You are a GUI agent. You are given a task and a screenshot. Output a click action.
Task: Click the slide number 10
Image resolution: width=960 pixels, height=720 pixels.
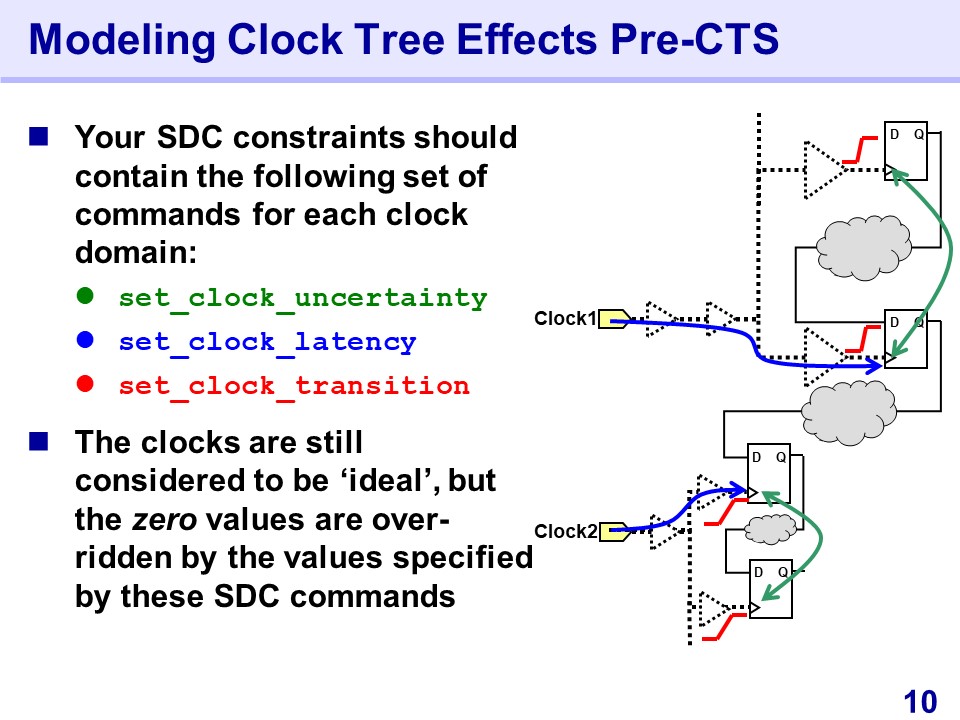click(920, 702)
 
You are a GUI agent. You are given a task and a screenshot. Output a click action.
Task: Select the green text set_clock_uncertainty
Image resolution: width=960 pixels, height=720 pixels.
click(303, 299)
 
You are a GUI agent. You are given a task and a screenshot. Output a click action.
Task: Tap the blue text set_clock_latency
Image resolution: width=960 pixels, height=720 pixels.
click(268, 343)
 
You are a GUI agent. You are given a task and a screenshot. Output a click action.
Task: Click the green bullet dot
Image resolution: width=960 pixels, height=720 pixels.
click(85, 296)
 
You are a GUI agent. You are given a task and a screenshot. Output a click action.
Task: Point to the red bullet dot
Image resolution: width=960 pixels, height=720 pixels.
click(85, 383)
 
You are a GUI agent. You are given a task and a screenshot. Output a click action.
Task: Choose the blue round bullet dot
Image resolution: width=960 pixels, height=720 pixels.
click(85, 339)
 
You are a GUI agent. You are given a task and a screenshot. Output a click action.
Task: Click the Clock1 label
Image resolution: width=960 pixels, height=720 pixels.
click(565, 318)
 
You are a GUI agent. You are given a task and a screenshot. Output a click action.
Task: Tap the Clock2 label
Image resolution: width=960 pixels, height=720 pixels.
click(565, 531)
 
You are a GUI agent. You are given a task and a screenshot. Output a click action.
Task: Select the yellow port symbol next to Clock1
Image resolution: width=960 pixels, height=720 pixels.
click(613, 319)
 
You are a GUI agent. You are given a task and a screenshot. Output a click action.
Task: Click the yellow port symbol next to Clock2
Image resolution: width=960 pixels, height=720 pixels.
click(614, 532)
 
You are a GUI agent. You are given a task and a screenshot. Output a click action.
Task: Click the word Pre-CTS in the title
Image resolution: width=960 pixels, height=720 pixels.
click(694, 39)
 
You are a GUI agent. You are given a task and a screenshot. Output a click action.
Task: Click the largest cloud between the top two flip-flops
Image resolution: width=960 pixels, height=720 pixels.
click(864, 247)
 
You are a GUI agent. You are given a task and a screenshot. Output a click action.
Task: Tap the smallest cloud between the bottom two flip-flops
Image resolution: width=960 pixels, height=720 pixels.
click(771, 530)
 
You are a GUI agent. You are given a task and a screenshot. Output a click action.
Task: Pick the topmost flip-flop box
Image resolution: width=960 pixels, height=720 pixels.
click(906, 151)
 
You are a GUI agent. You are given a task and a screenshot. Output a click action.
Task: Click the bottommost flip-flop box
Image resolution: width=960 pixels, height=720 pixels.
click(771, 589)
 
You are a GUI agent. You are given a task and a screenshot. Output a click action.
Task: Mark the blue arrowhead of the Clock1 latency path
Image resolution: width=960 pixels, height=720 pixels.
click(876, 366)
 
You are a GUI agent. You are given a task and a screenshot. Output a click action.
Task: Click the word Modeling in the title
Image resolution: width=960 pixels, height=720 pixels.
click(122, 40)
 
